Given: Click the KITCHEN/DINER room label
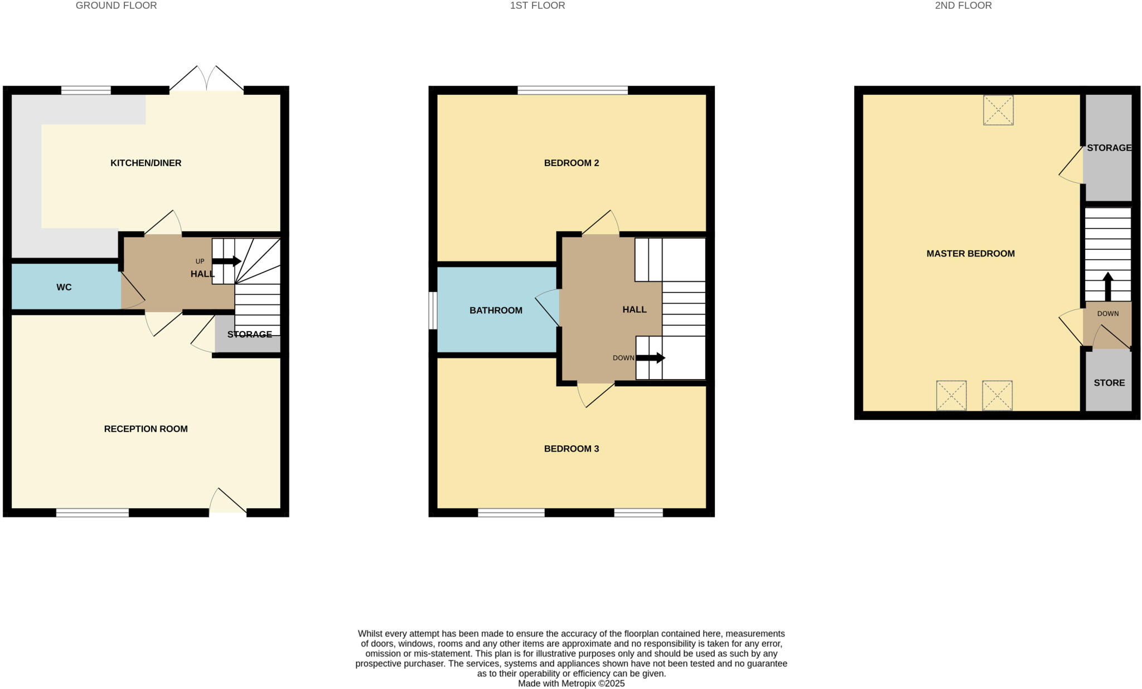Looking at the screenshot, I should [146, 163].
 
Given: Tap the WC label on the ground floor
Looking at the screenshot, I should [64, 287].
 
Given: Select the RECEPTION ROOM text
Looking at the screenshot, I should [146, 429].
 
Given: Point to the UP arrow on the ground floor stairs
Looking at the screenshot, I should [226, 261].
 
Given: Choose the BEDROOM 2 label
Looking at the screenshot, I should [571, 163].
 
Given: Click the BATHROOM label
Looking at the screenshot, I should [496, 310].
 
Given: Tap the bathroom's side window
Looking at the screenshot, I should [433, 310].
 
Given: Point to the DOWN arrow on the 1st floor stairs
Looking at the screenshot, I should [650, 358].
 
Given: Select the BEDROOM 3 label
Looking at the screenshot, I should [571, 449].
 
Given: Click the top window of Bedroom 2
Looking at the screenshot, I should [573, 90].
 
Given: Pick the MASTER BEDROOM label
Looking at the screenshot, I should [970, 254].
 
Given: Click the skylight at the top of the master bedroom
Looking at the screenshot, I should [998, 110].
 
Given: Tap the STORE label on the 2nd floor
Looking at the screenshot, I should [1109, 383].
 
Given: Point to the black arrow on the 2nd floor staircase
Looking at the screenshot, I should [1107, 286].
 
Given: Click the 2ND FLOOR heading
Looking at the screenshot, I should [963, 6].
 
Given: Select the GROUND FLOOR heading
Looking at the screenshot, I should [116, 6].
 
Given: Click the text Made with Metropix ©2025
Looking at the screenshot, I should [571, 683].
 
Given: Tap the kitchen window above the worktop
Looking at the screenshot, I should [86, 90].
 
